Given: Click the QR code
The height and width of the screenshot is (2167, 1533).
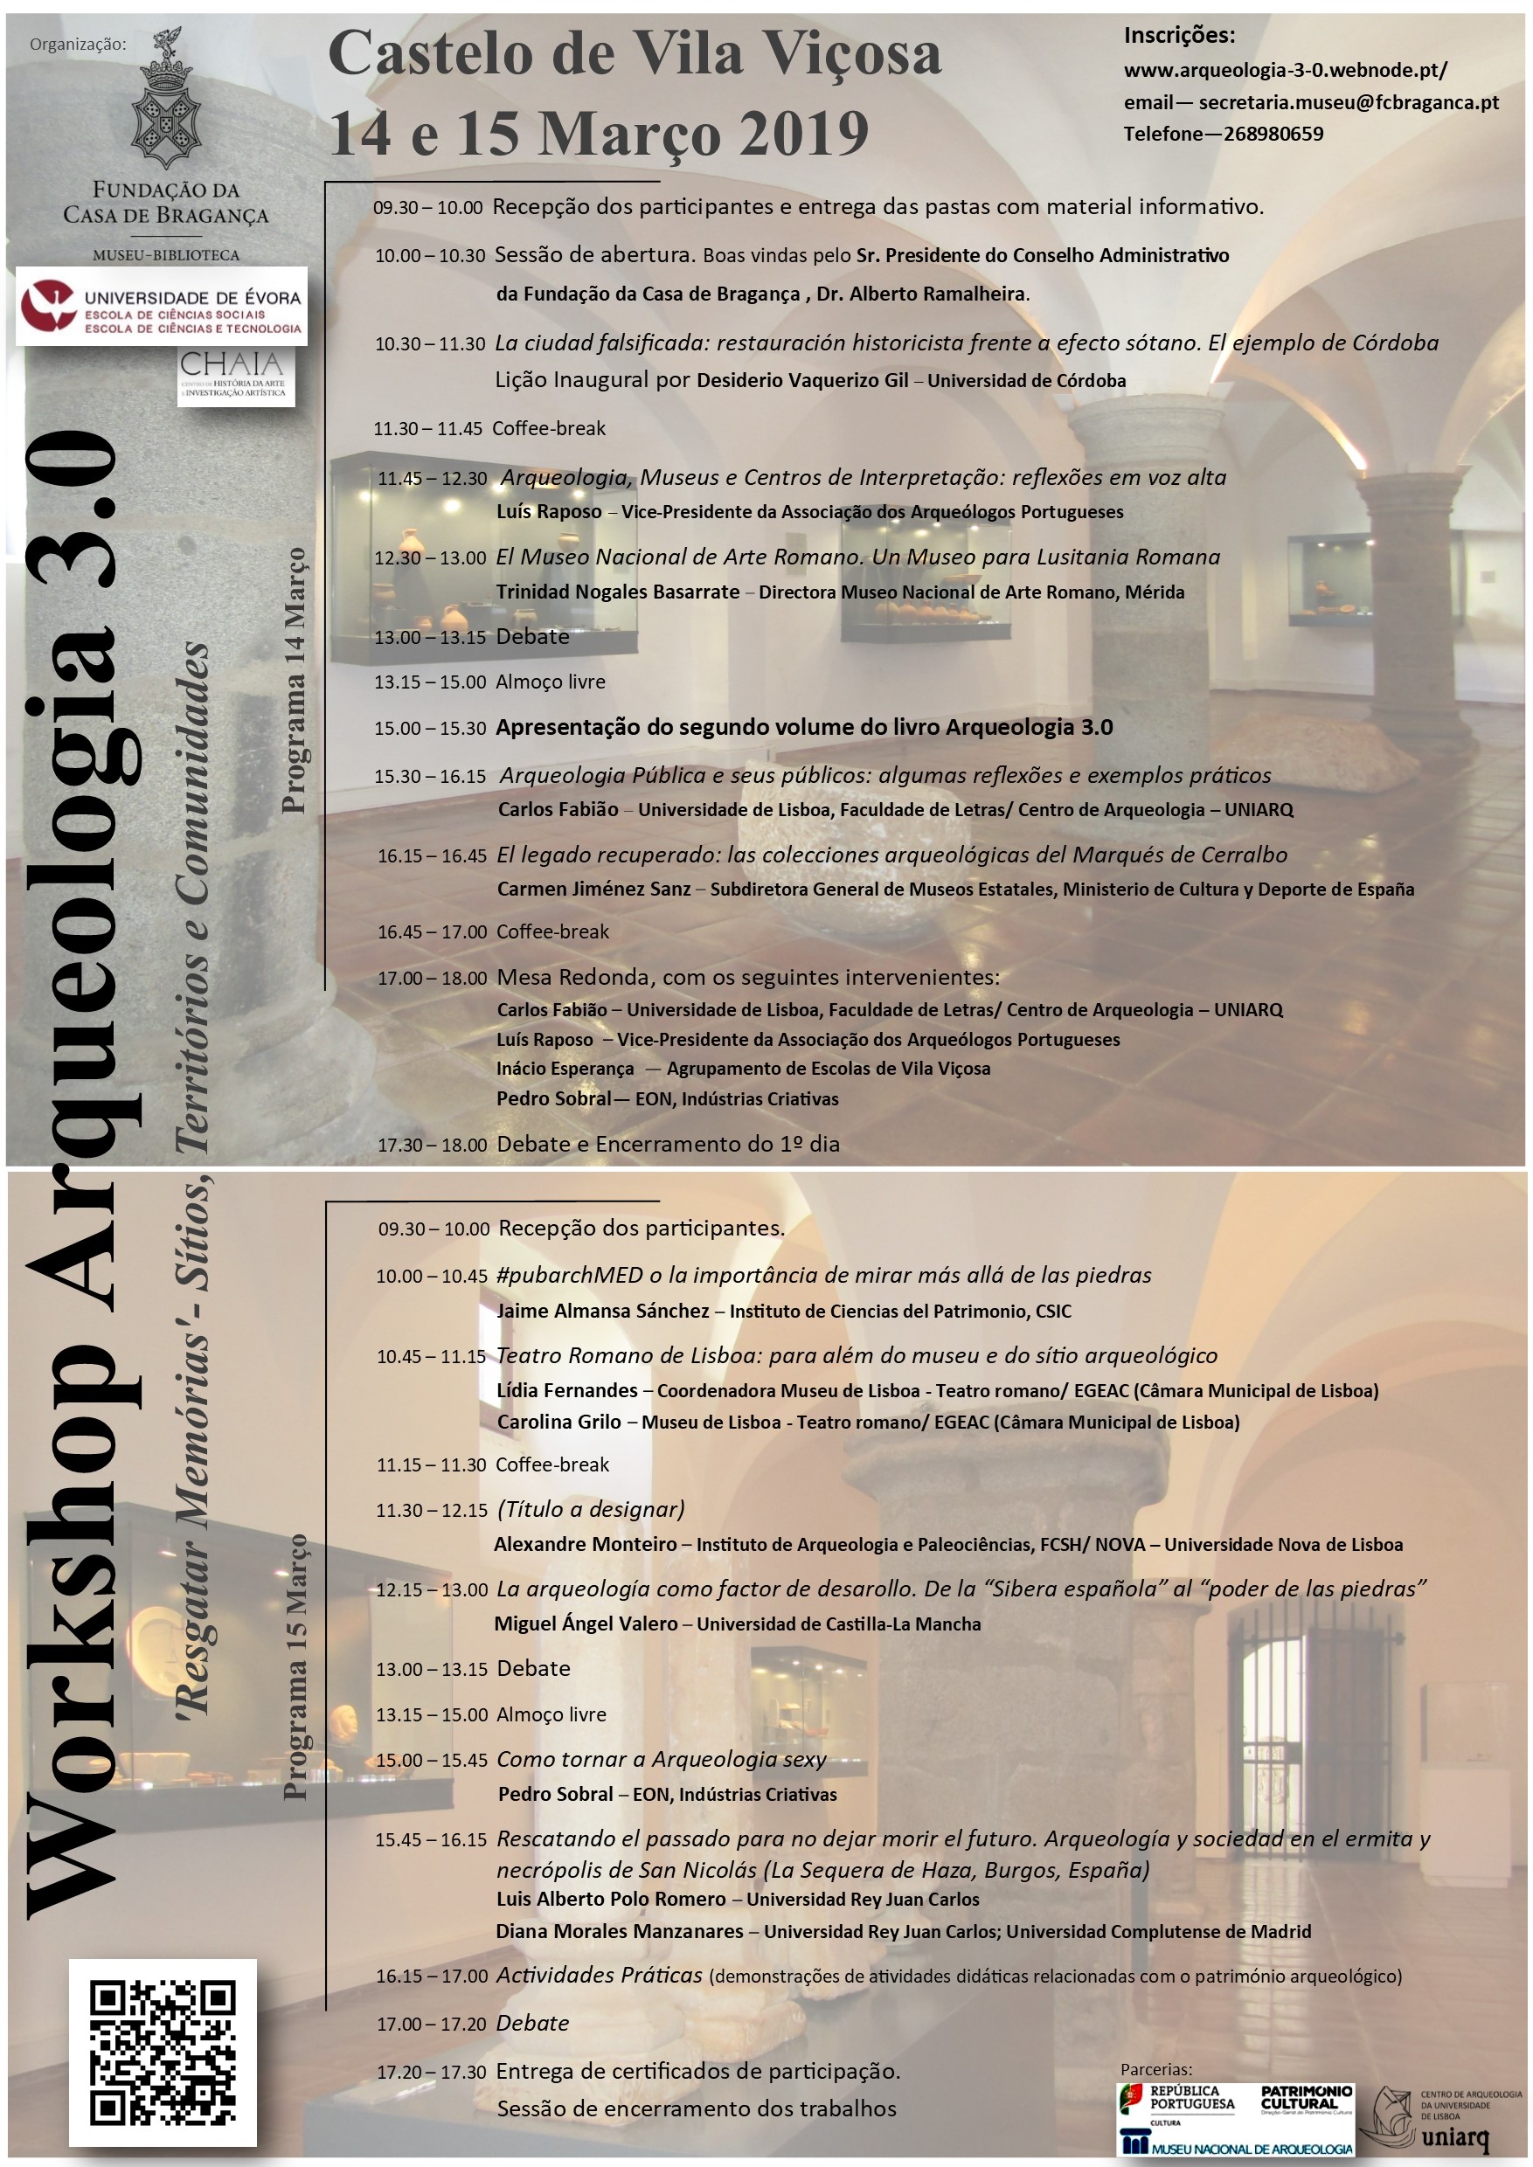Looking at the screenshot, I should click(x=163, y=2051).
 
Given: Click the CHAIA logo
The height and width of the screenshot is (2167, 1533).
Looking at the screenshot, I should click(x=235, y=377).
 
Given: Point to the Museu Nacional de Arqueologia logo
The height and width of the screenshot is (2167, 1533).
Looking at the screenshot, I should click(x=1237, y=2144).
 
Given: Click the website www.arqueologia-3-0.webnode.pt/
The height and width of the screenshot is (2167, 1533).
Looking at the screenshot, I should click(x=1285, y=71).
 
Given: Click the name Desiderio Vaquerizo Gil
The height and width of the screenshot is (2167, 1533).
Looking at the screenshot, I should click(x=802, y=380).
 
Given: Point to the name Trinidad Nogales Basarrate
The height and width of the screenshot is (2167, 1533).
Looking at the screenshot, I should click(x=618, y=592).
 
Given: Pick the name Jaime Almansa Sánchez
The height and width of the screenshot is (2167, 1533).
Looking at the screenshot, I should click(x=603, y=1311).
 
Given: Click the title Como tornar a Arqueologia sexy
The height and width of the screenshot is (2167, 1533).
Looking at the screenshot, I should click(x=661, y=1759).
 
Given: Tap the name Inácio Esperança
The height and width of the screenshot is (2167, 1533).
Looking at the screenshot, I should click(x=565, y=1069).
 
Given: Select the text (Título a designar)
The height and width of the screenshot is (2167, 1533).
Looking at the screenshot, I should click(x=590, y=1509).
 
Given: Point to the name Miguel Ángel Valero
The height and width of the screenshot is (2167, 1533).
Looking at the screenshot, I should click(x=586, y=1624).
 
